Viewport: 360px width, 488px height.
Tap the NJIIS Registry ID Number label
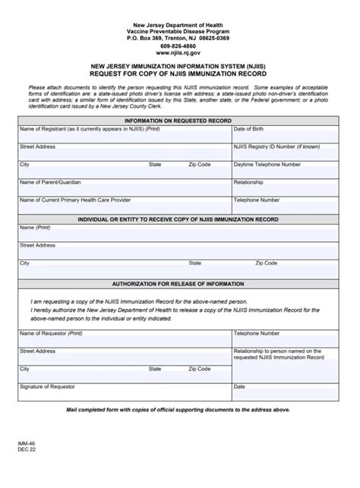coord(276,146)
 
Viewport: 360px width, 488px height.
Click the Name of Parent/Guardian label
coord(50,182)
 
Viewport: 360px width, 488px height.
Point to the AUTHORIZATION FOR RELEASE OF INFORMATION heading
coord(178,283)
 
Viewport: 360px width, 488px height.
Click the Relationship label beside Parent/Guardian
coord(248,182)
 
